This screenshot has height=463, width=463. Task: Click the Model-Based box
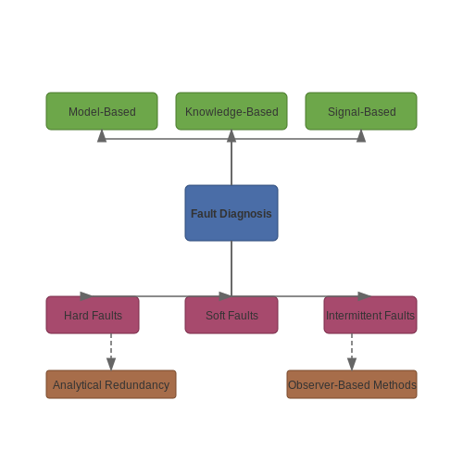[102, 111]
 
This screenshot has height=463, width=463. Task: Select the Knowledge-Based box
[231, 111]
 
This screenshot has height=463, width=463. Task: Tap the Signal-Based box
[361, 111]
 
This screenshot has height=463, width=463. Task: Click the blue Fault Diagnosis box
[231, 213]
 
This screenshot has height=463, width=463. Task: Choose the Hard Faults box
[93, 315]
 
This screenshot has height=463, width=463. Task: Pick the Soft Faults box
[231, 315]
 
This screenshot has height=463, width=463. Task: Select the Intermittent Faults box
[370, 315]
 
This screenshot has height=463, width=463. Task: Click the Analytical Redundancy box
[111, 384]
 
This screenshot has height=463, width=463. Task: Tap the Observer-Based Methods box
[352, 384]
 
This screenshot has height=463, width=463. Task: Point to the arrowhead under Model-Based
[102, 136]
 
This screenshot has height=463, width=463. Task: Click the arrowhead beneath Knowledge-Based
[231, 136]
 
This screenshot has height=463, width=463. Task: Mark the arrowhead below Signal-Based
[361, 136]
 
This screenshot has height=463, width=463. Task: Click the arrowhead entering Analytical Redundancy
[111, 364]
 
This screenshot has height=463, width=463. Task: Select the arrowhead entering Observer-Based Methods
[352, 364]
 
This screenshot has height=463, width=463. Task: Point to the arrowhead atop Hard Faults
[86, 296]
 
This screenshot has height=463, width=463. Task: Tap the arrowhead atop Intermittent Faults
[364, 296]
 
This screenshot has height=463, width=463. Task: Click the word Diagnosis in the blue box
[245, 214]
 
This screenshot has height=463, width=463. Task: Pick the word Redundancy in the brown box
[137, 385]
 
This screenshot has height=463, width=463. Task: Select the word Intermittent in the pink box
[349, 316]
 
